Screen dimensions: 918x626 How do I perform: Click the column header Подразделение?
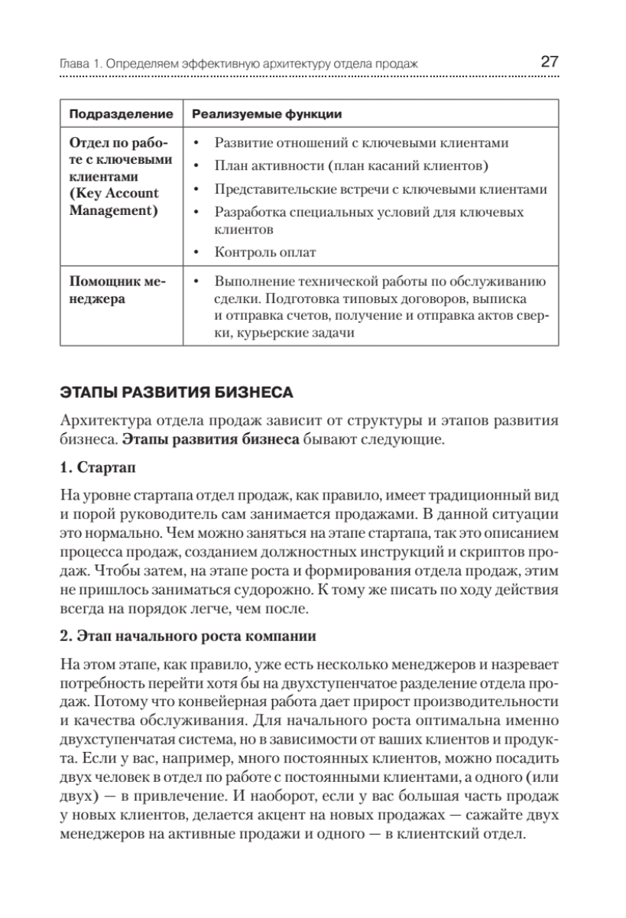[122, 114]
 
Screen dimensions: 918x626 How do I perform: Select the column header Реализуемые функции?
[266, 114]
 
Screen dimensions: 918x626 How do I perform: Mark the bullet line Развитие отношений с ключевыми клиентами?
[362, 144]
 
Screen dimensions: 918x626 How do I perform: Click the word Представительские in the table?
[268, 189]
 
